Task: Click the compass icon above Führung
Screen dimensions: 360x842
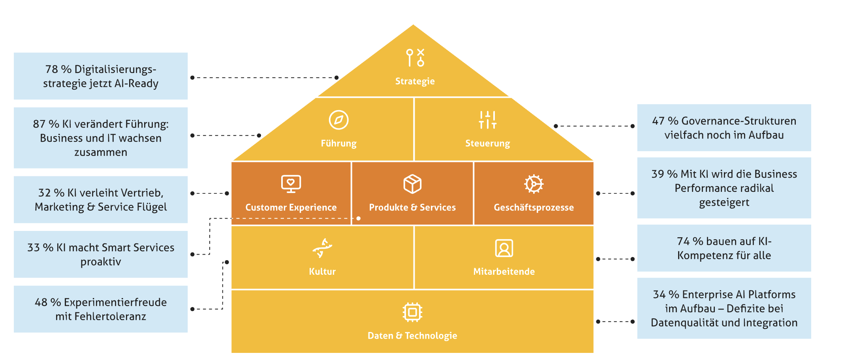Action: (x=338, y=120)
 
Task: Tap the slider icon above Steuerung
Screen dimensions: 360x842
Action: (x=487, y=120)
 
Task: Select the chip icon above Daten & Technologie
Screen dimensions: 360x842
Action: (x=412, y=312)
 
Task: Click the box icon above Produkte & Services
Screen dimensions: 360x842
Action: (x=412, y=184)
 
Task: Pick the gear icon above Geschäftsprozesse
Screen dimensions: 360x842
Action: (x=534, y=184)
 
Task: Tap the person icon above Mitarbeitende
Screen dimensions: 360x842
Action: (x=504, y=248)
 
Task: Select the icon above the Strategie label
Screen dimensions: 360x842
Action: (x=415, y=58)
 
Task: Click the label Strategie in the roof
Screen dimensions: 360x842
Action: (x=415, y=81)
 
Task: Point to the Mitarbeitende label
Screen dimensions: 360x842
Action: (x=504, y=272)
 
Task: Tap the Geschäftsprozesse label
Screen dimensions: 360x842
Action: (x=534, y=208)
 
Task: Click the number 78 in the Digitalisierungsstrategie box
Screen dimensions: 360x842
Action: (x=52, y=69)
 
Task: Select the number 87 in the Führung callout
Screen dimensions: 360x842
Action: (x=39, y=124)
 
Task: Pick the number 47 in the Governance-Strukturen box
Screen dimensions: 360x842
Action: (x=658, y=121)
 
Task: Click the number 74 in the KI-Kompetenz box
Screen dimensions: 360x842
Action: (x=683, y=241)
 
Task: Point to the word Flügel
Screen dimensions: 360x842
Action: (x=152, y=207)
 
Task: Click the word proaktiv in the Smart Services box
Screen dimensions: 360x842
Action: (x=101, y=262)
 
